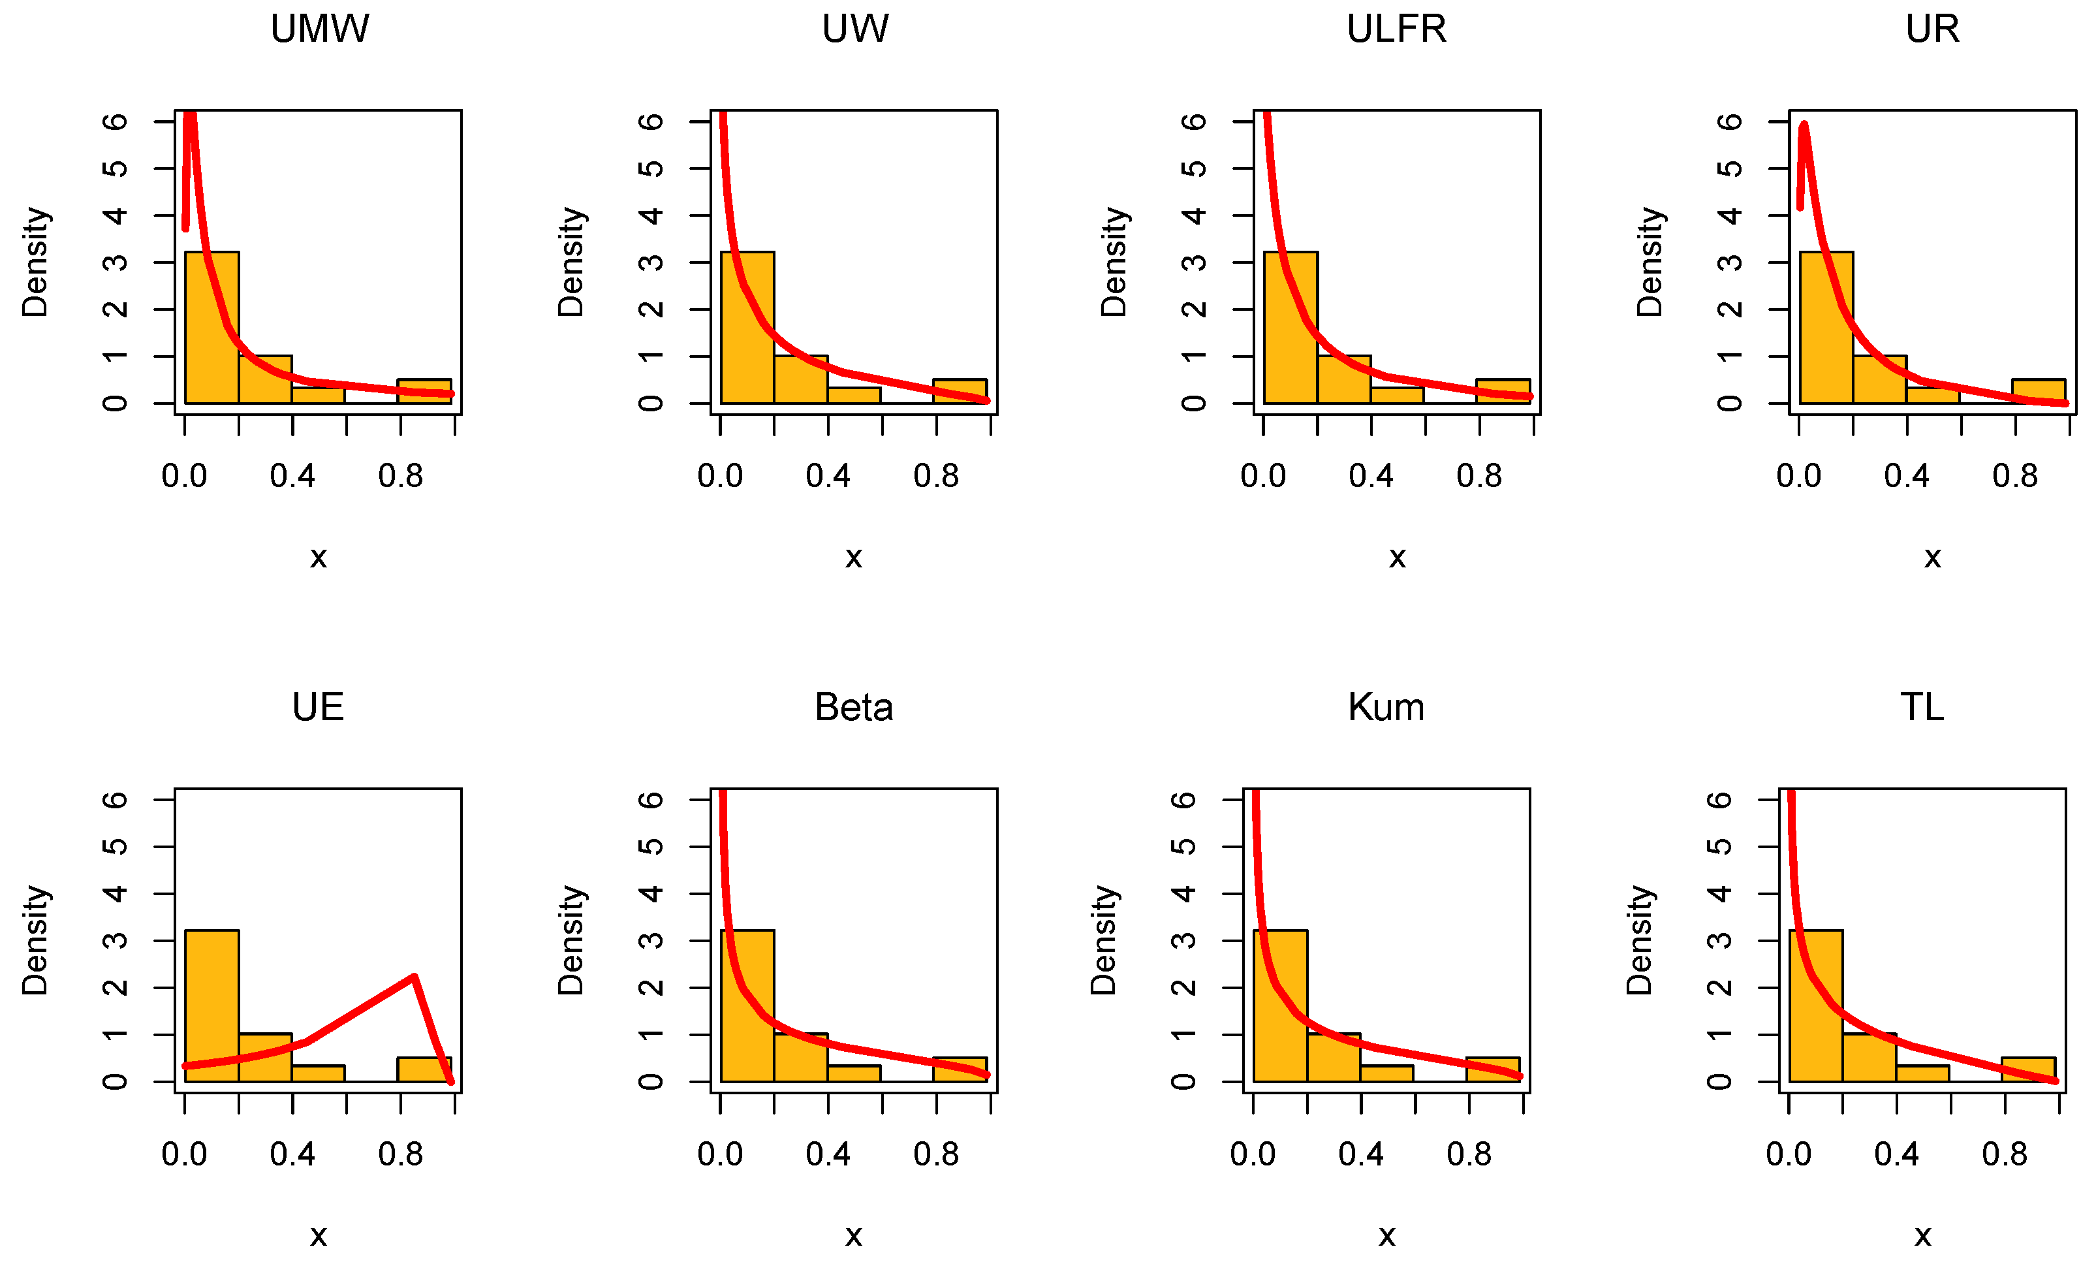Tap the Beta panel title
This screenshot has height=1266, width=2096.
pyautogui.click(x=853, y=708)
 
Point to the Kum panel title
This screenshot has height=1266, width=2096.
pyautogui.click(x=1386, y=708)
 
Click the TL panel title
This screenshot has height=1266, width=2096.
pyautogui.click(x=1922, y=708)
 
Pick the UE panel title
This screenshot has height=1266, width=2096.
pyautogui.click(x=318, y=708)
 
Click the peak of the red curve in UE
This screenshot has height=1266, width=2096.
pyautogui.click(x=413, y=977)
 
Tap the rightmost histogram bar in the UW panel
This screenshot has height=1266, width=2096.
pyautogui.click(x=960, y=391)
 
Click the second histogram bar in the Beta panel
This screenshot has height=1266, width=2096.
pyautogui.click(x=800, y=1058)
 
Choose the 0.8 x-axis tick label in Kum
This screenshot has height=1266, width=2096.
pyautogui.click(x=1469, y=1154)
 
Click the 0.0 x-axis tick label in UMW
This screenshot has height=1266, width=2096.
pyautogui.click(x=185, y=477)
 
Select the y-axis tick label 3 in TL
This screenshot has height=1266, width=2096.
pyautogui.click(x=1719, y=940)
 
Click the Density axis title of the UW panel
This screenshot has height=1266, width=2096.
pyautogui.click(x=571, y=262)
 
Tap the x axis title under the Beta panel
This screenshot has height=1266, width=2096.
pyautogui.click(x=853, y=1235)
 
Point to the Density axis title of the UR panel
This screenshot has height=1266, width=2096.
pyautogui.click(x=1650, y=262)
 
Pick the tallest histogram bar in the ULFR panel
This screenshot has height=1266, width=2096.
pyautogui.click(x=1290, y=328)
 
